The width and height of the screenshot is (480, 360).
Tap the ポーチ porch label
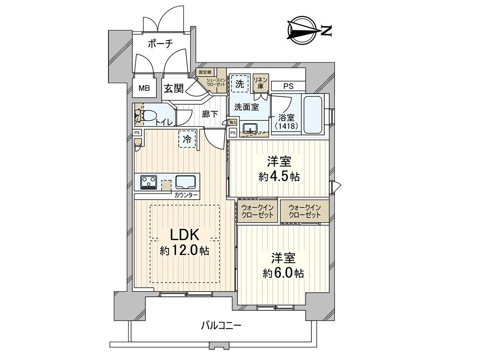pos(160,44)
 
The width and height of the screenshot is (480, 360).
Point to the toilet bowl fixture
pos(148,116)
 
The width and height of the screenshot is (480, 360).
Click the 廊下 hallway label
pos(210,114)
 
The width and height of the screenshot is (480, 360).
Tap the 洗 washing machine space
pos(240,84)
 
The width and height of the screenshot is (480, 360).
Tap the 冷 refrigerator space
pos(187,139)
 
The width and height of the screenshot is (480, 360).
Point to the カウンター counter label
pos(186,196)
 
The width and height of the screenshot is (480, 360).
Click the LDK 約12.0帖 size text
pos(184,251)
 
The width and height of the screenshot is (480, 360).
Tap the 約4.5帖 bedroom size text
pos(279,176)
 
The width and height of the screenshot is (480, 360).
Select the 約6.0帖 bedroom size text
pos(283,274)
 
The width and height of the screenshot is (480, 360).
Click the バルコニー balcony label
pos(221,326)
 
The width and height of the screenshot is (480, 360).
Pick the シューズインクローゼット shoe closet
pos(216,83)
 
